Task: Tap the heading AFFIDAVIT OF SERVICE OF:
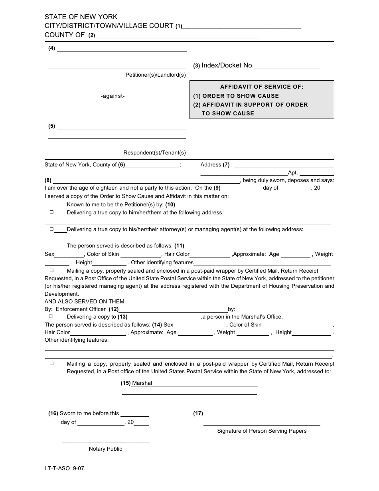[x=262, y=87]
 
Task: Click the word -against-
[x=113, y=96]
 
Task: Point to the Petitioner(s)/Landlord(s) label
[x=156, y=75]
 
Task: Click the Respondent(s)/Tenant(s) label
[x=154, y=152]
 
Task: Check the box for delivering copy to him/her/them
[x=51, y=212]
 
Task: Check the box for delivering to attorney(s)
[x=51, y=229]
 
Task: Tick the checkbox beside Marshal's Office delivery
[x=51, y=316]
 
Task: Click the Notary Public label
[x=105, y=449]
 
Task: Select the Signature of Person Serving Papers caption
[x=262, y=431]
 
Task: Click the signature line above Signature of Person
[x=262, y=426]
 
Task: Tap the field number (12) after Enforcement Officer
[x=114, y=309]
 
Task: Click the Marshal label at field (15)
[x=142, y=383]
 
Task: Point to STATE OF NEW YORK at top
[x=81, y=17]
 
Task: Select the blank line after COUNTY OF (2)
[x=178, y=38]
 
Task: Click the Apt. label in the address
[x=293, y=173]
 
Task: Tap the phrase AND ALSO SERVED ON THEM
[x=85, y=301]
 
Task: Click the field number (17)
[x=198, y=414]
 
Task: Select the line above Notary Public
[x=106, y=443]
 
